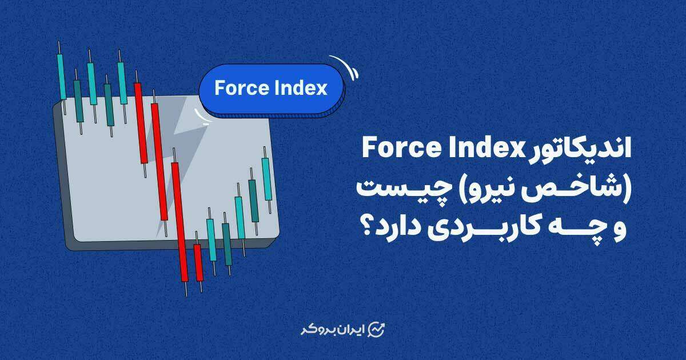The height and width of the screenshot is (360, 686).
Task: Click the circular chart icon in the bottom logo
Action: [376, 330]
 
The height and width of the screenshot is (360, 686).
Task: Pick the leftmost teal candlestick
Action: [62, 78]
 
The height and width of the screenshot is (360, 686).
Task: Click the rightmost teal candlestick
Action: [267, 179]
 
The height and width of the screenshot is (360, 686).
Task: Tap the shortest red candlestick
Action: [198, 262]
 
